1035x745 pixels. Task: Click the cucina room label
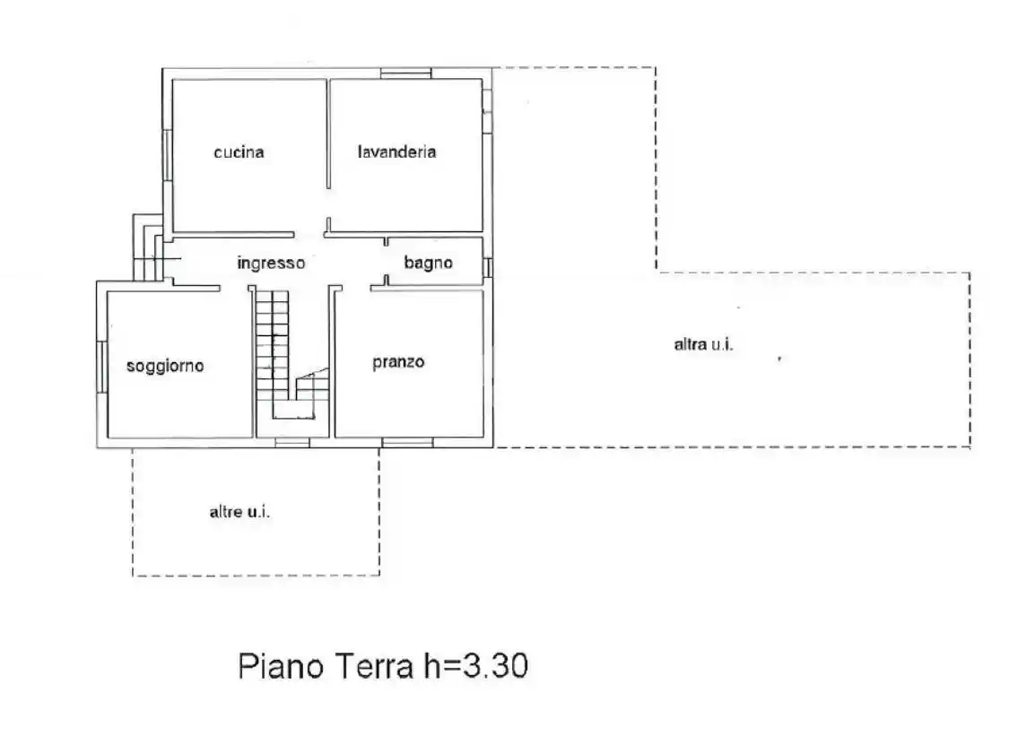click(239, 152)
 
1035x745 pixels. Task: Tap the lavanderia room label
click(396, 152)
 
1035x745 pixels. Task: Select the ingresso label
click(271, 264)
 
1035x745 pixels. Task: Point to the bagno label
click(428, 264)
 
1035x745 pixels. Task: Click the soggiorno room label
click(165, 366)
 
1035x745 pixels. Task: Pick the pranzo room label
click(398, 362)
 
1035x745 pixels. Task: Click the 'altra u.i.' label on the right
click(704, 344)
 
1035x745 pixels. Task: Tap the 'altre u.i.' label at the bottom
click(240, 512)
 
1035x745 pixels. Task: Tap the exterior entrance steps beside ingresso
click(146, 251)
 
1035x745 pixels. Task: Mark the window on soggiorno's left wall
click(101, 366)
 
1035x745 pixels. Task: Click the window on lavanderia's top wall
click(405, 73)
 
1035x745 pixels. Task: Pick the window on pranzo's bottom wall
click(406, 442)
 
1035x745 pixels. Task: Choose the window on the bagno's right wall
click(488, 266)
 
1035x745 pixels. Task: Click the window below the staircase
click(291, 442)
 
